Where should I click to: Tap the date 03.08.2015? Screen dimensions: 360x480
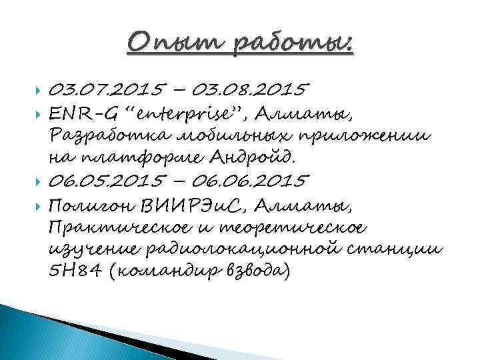pos(260,89)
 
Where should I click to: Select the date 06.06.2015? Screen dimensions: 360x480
pos(261,181)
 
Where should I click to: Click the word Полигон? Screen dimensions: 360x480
pos(91,203)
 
